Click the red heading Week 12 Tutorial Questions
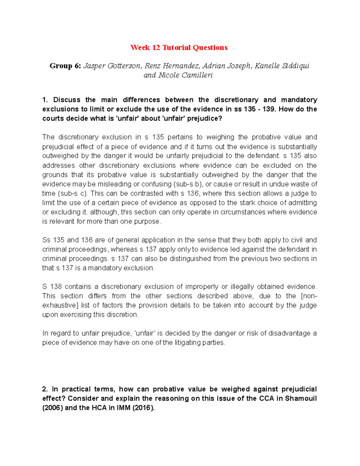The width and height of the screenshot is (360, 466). pyautogui.click(x=179, y=48)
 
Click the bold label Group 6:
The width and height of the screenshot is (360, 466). pyautogui.click(x=65, y=66)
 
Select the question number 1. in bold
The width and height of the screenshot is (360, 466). pyautogui.click(x=45, y=100)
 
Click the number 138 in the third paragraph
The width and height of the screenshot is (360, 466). pyautogui.click(x=55, y=287)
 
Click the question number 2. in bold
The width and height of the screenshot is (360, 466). pyautogui.click(x=45, y=389)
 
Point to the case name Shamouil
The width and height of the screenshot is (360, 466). pyautogui.click(x=301, y=398)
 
